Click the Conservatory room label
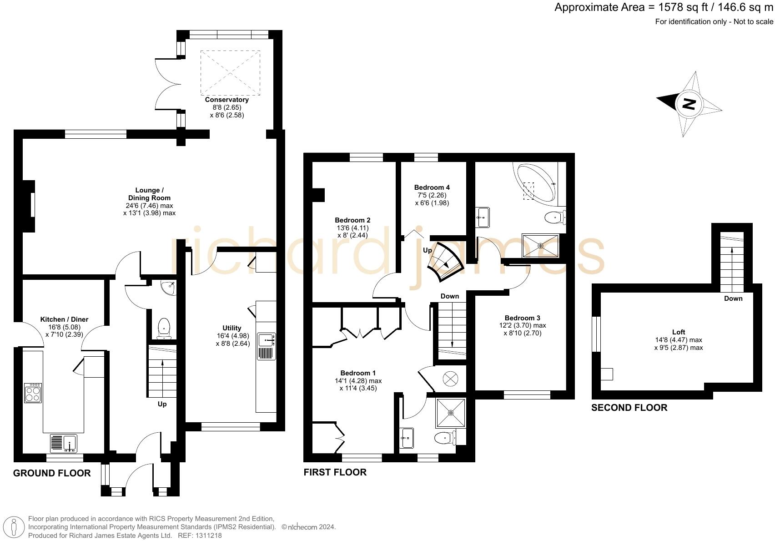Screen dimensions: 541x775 pyautogui.click(x=226, y=100)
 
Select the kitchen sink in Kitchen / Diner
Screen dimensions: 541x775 pyautogui.click(x=64, y=442)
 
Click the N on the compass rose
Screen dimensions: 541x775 pyautogui.click(x=689, y=104)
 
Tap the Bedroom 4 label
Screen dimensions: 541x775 pyautogui.click(x=432, y=187)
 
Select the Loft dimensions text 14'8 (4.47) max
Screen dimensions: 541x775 pyautogui.click(x=678, y=340)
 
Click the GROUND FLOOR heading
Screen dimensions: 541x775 pyautogui.click(x=52, y=473)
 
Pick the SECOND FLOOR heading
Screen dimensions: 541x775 pyautogui.click(x=629, y=408)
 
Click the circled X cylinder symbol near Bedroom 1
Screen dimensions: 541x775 pyautogui.click(x=450, y=378)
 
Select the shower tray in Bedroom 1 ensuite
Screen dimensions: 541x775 pyautogui.click(x=450, y=413)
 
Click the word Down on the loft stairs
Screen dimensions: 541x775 pyautogui.click(x=733, y=298)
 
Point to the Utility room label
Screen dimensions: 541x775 pyautogui.click(x=231, y=328)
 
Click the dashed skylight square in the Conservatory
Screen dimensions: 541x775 pyautogui.click(x=230, y=73)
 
